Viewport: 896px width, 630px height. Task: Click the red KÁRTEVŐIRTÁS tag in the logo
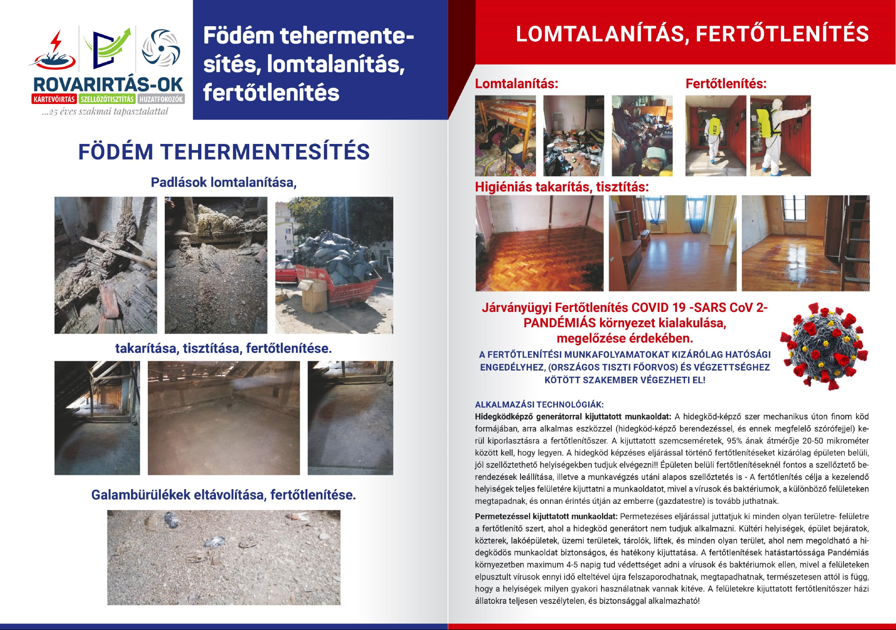click(x=54, y=99)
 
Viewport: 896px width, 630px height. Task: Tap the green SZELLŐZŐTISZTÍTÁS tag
click(x=107, y=99)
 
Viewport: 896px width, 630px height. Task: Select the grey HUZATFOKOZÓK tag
click(x=161, y=99)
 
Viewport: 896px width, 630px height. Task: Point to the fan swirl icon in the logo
click(x=161, y=48)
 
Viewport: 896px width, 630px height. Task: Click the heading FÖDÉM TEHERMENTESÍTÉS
click(x=224, y=152)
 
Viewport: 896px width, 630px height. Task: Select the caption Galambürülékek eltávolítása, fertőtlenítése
click(x=223, y=494)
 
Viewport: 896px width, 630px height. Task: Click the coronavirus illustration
click(x=824, y=347)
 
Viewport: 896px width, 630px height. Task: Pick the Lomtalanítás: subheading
click(x=516, y=84)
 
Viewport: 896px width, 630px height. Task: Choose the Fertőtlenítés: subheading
click(x=726, y=84)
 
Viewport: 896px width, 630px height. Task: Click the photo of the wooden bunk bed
click(x=505, y=136)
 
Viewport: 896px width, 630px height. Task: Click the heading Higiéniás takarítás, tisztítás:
click(x=561, y=187)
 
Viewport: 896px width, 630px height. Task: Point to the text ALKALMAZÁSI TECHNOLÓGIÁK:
click(x=539, y=404)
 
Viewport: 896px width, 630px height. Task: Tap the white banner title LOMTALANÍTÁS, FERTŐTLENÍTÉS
click(x=692, y=34)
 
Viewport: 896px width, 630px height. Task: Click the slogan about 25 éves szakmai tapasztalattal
click(x=105, y=112)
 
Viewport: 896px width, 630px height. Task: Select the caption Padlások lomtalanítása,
click(x=223, y=182)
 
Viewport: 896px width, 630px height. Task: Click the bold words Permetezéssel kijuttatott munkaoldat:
click(x=546, y=516)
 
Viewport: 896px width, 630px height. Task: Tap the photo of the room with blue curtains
click(x=672, y=243)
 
